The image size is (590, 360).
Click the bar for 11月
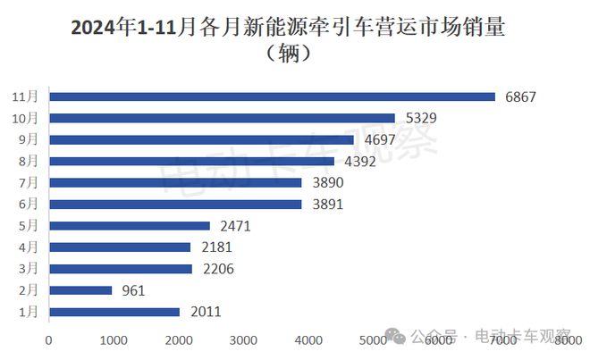[272, 96]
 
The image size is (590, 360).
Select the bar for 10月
[222, 118]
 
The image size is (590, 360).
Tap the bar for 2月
[80, 290]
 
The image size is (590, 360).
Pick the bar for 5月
[130, 226]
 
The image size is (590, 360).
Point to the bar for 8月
[191, 161]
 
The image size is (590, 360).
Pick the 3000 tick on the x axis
[243, 339]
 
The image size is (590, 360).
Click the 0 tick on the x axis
[49, 339]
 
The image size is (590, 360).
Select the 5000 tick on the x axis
[373, 339]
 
